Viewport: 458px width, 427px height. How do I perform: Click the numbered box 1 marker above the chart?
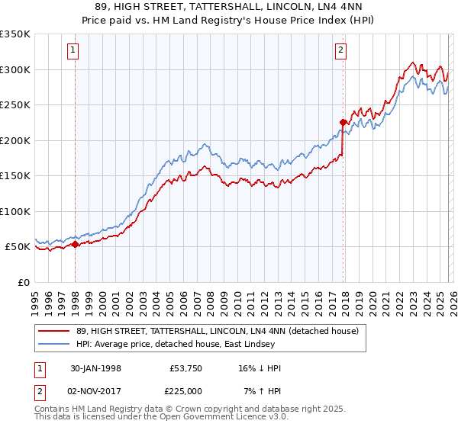coord(73,51)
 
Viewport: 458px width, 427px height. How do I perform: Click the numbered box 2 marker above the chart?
coord(340,51)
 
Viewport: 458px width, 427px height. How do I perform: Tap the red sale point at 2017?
coord(343,121)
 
